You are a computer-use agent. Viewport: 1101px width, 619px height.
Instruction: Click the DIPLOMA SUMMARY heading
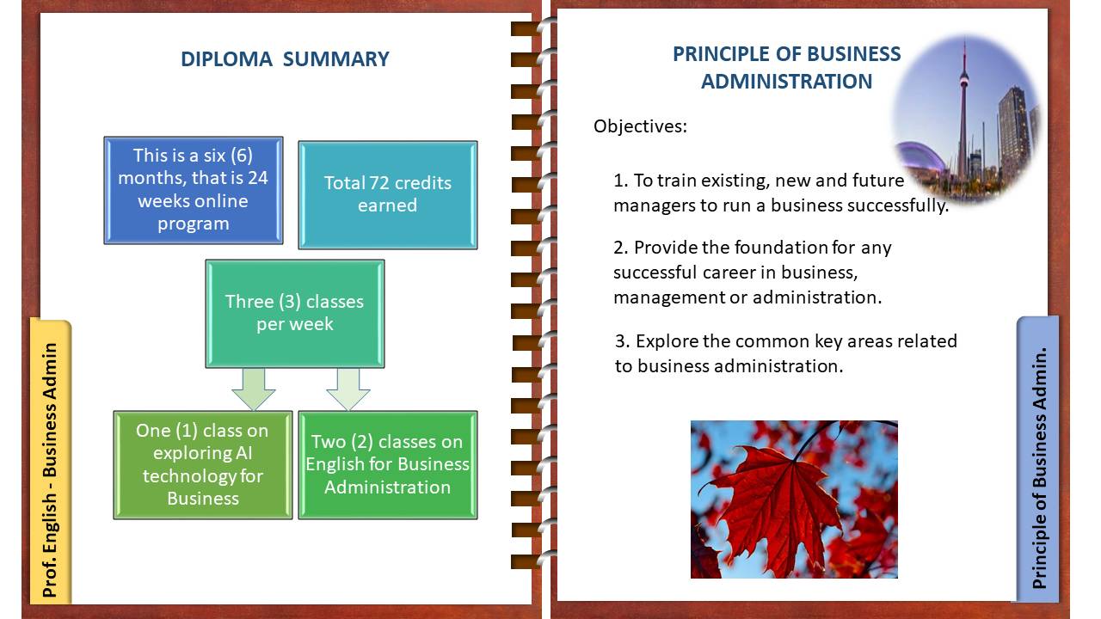coord(285,59)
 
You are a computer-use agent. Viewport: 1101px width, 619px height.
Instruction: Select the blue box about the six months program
coord(194,190)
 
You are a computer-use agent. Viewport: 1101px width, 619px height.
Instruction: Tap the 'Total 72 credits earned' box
coord(387,194)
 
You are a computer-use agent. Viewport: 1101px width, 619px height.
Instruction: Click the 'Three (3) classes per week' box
coord(295,314)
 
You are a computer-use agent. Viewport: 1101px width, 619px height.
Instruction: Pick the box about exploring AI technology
coord(202,465)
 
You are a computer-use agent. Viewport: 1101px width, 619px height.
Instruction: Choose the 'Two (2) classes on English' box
coord(387,465)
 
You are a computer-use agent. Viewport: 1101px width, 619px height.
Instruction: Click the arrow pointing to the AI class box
coord(254,389)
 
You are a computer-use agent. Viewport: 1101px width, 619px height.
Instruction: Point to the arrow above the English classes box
coord(348,389)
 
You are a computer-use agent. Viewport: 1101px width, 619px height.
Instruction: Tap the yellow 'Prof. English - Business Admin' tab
coord(51,461)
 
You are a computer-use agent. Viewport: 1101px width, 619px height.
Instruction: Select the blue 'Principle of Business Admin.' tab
coord(1038,458)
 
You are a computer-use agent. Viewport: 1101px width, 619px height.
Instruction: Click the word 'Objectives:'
coord(640,126)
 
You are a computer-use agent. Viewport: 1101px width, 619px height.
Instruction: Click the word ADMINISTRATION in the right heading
coord(786,81)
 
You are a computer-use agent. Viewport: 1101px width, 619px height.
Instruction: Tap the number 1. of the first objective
coord(621,181)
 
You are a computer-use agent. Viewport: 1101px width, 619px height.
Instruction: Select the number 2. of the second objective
coord(621,247)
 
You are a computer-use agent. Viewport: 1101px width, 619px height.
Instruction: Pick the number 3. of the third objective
coord(623,341)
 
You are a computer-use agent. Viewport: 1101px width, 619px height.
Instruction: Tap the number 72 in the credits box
coord(379,183)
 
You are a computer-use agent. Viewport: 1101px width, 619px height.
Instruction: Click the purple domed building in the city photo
coord(920,158)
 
